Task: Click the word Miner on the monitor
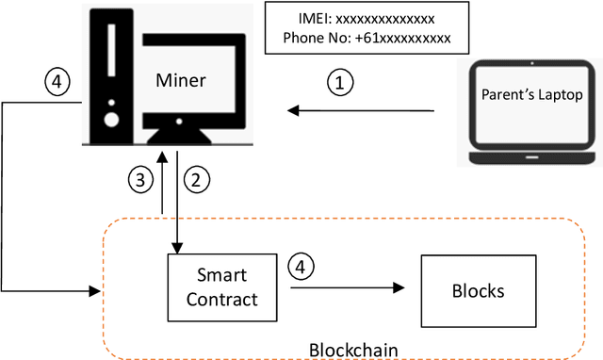coord(178,79)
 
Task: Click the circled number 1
coord(341,83)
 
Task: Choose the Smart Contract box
coord(221,288)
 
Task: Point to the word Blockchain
coord(353,350)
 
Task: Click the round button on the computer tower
coord(112,119)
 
